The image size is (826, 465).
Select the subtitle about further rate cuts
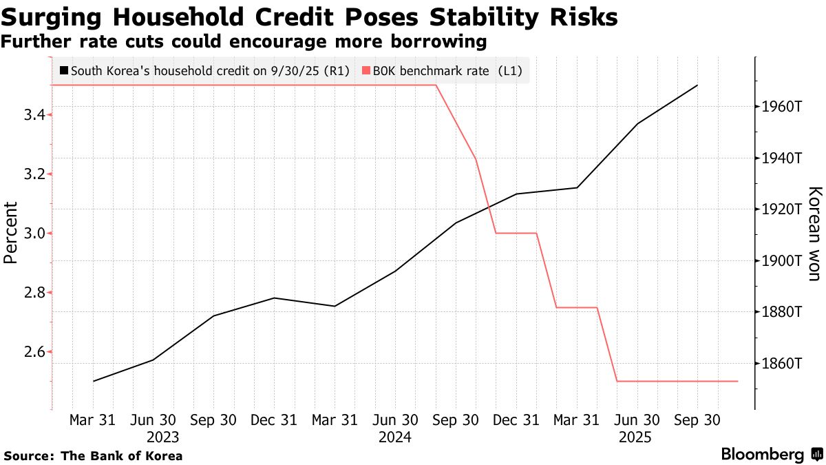(x=244, y=42)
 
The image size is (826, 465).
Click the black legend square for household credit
(x=64, y=71)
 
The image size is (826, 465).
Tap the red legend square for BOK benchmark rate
(x=365, y=71)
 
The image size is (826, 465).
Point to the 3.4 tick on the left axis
(x=34, y=114)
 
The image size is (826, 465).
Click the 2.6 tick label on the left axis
(x=34, y=352)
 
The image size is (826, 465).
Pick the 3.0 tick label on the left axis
(x=34, y=234)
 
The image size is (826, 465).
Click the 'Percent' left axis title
(x=10, y=233)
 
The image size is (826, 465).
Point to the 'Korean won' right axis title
(x=814, y=233)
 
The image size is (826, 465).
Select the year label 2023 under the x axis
(x=162, y=437)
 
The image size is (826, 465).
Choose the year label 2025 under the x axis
(x=636, y=437)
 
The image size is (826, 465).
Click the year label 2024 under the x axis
(x=394, y=437)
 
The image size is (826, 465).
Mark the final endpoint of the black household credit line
(x=697, y=85)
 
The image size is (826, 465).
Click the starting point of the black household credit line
(x=93, y=381)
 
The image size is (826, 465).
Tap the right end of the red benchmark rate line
(x=737, y=381)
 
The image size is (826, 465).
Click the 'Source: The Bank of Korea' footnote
(x=94, y=455)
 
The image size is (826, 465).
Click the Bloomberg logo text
(x=763, y=455)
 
